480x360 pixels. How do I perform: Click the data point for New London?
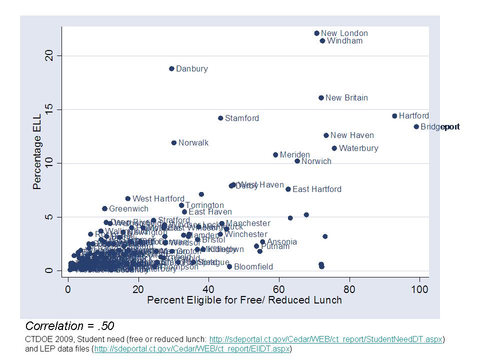tap(316, 33)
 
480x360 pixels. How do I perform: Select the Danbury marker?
tap(171, 69)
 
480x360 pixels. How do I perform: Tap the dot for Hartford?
tap(394, 116)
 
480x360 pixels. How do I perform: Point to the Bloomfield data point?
tap(229, 266)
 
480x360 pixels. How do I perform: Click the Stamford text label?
tap(242, 118)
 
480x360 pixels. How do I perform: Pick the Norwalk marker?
tap(174, 143)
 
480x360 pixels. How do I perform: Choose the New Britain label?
tap(346, 98)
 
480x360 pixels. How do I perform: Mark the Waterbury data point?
tap(334, 148)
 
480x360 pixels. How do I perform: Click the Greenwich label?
tap(128, 209)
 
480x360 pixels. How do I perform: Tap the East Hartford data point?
tap(288, 189)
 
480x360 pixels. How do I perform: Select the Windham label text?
tap(344, 41)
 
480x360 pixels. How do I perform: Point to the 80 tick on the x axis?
tap(349, 289)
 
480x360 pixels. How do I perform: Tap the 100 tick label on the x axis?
tap(419, 289)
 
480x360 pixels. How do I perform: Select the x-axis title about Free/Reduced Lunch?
tap(244, 300)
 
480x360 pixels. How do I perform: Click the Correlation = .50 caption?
tap(69, 326)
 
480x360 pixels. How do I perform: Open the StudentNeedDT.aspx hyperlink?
tap(325, 339)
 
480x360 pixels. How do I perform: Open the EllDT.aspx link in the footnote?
tap(192, 348)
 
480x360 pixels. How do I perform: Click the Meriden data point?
tap(275, 155)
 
